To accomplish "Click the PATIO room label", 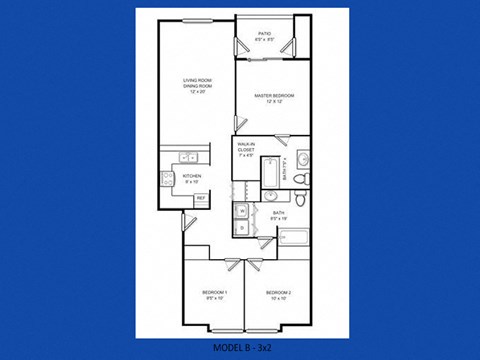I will (x=264, y=33).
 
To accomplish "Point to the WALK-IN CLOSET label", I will (x=246, y=146).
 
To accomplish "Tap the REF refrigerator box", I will (x=200, y=198).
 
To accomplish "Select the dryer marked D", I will (x=242, y=227).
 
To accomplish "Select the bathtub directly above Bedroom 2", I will (x=297, y=238).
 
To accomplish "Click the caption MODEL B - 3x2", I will (x=240, y=347).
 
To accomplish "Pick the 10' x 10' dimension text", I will (x=276, y=298).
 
